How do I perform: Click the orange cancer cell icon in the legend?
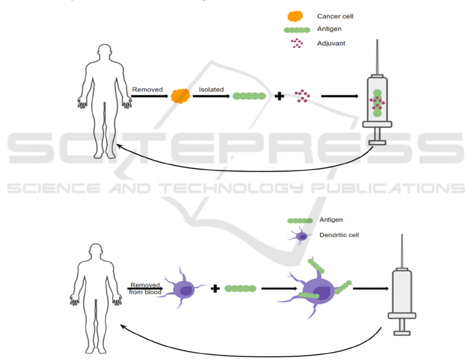(295, 16)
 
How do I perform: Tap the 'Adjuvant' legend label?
(331, 43)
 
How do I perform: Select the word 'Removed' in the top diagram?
(147, 90)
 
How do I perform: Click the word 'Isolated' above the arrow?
(211, 89)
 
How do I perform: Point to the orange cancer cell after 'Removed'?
(181, 96)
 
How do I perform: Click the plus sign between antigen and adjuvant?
(279, 96)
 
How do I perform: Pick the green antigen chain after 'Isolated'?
(249, 96)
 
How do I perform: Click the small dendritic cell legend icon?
(301, 236)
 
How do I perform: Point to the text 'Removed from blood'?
(145, 289)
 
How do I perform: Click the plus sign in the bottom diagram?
(215, 288)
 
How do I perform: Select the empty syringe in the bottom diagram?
(402, 294)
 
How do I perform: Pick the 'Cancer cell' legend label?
(335, 17)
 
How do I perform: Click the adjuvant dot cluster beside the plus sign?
(302, 96)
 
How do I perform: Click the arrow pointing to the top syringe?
(340, 96)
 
